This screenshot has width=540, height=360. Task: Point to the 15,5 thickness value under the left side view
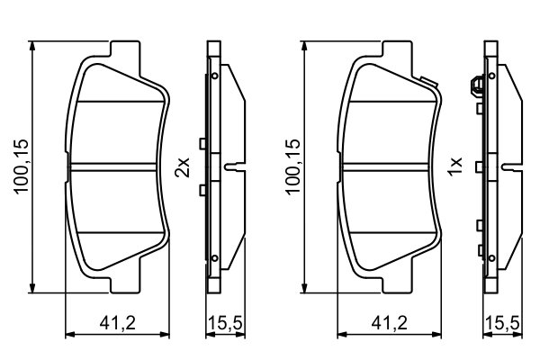pyautogui.click(x=222, y=322)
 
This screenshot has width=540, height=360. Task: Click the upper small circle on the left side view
pyautogui.click(x=216, y=77)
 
